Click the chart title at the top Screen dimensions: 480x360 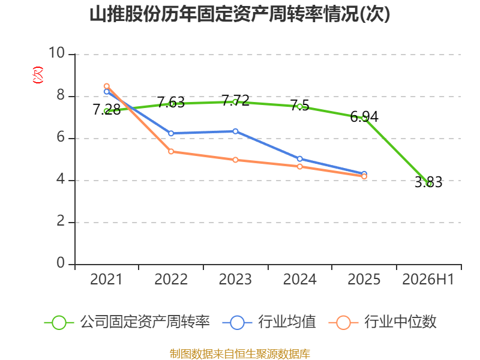point(239,14)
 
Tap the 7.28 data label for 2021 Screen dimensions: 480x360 point(107,110)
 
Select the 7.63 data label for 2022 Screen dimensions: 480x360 point(171,102)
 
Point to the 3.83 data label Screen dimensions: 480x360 point(428,182)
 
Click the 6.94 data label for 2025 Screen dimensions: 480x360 point(364,116)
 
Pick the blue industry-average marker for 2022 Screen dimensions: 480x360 point(171,133)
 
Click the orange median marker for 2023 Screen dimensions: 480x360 point(235,160)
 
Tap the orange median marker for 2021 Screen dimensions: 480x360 point(107,86)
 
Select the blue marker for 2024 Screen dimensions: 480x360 point(299,159)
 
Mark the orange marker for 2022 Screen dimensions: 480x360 point(171,152)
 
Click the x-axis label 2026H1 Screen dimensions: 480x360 point(428,279)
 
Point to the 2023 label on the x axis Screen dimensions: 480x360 point(235,279)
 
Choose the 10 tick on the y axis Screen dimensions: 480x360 point(56,53)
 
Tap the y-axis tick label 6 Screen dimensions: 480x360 point(61,137)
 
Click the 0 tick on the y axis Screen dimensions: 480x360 point(61,263)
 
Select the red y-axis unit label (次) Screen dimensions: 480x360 point(38,75)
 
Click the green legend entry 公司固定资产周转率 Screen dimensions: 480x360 point(127,322)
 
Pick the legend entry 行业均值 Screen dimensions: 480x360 point(269,322)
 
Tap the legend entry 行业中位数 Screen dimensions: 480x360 point(382,322)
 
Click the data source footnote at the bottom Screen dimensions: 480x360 point(240,354)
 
